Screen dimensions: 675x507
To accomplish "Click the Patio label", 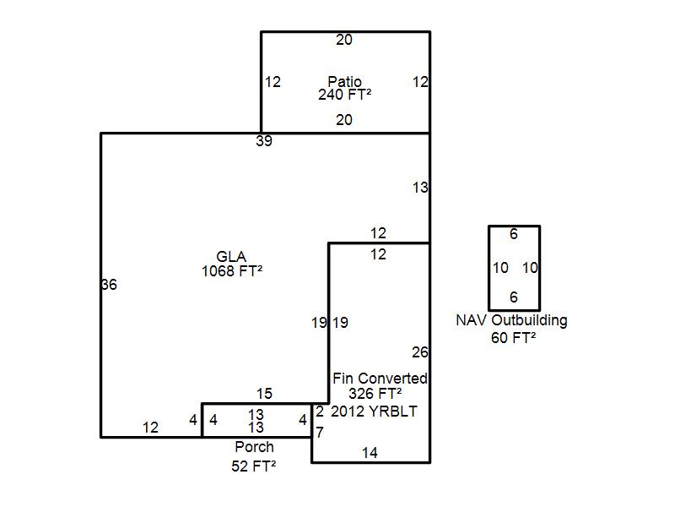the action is tap(344, 81).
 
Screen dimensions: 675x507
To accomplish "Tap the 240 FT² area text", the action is tap(344, 95).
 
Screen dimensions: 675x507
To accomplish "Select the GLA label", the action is tap(231, 257).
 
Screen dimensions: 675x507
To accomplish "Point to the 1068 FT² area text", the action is tap(232, 271).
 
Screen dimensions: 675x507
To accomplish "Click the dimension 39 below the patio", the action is tap(264, 141).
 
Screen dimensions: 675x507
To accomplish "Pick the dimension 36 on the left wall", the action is tap(109, 285).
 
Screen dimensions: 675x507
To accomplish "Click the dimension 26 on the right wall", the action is tap(419, 352).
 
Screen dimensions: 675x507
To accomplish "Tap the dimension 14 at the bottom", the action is tap(370, 453).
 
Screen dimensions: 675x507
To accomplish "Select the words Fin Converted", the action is tap(380, 379).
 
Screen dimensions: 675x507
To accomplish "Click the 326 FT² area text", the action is tap(375, 394).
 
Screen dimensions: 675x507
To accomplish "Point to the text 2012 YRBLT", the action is tap(374, 412).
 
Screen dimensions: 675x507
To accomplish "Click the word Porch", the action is tap(254, 447).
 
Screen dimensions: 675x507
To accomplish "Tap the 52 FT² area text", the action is tap(254, 466).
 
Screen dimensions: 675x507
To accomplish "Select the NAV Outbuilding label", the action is tap(511, 320).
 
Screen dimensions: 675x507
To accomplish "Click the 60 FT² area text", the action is tap(513, 337).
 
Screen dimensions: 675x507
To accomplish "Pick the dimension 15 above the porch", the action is tap(264, 394).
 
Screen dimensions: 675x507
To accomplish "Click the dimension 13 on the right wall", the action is tap(420, 188).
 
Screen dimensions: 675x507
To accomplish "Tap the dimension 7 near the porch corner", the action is tap(320, 432).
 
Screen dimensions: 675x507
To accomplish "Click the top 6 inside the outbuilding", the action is tap(514, 234).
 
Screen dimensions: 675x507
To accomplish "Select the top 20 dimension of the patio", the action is tap(344, 40).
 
